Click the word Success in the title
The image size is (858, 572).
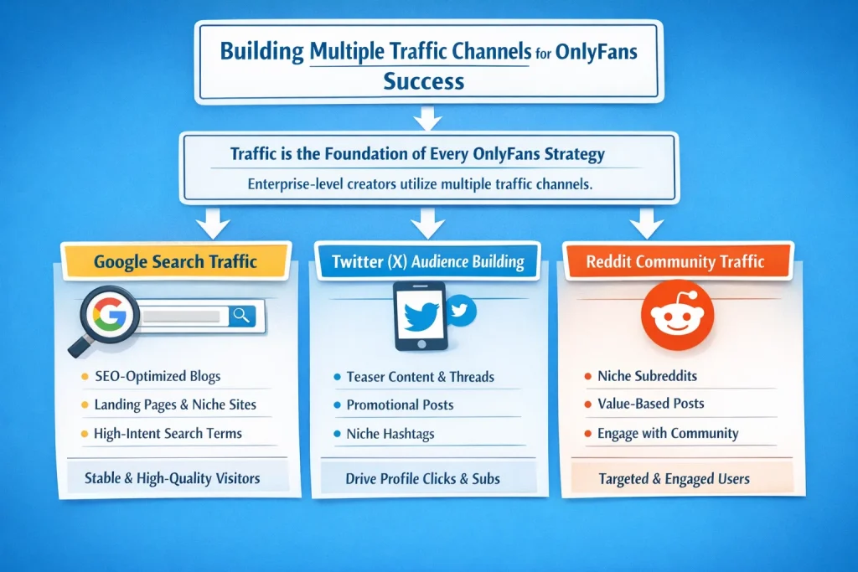pyautogui.click(x=423, y=81)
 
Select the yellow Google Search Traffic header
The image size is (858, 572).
pyautogui.click(x=175, y=261)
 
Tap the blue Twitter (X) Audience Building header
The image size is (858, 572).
pyautogui.click(x=427, y=262)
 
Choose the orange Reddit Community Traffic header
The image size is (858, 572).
pyautogui.click(x=675, y=261)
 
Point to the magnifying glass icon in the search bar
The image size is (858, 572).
pyautogui.click(x=242, y=316)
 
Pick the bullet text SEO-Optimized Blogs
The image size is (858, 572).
pyautogui.click(x=158, y=377)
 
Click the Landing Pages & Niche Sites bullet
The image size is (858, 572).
pyautogui.click(x=175, y=405)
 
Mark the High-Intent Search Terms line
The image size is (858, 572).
pyautogui.click(x=168, y=433)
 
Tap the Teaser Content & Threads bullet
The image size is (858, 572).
pyautogui.click(x=420, y=377)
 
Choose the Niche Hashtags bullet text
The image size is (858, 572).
pyautogui.click(x=390, y=434)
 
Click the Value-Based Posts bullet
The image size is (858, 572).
pyautogui.click(x=650, y=404)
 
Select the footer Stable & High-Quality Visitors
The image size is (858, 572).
pyautogui.click(x=173, y=479)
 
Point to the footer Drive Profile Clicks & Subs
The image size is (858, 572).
pyautogui.click(x=422, y=479)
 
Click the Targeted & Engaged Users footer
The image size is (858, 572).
pyautogui.click(x=674, y=479)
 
